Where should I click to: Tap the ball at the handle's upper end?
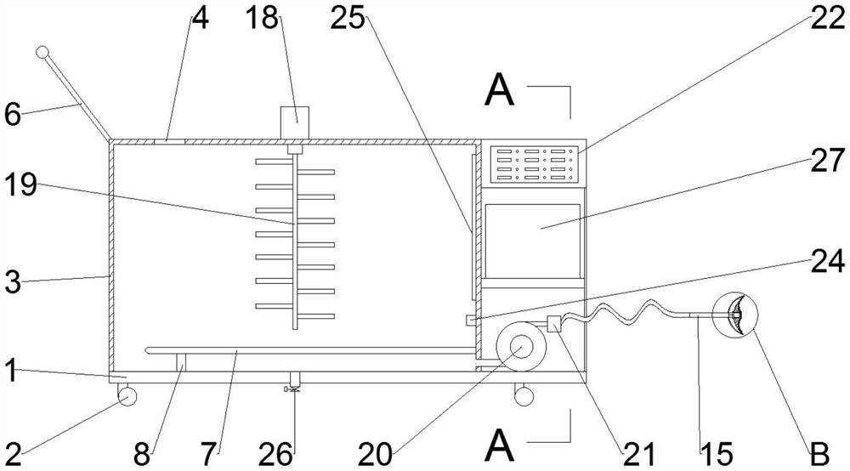point(42,54)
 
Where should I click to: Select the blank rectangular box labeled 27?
point(532,228)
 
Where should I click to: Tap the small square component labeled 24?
point(470,320)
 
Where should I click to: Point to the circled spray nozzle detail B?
point(735,315)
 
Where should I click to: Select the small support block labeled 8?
point(181,362)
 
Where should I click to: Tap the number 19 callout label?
point(18,186)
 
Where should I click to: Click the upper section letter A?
point(499,91)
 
